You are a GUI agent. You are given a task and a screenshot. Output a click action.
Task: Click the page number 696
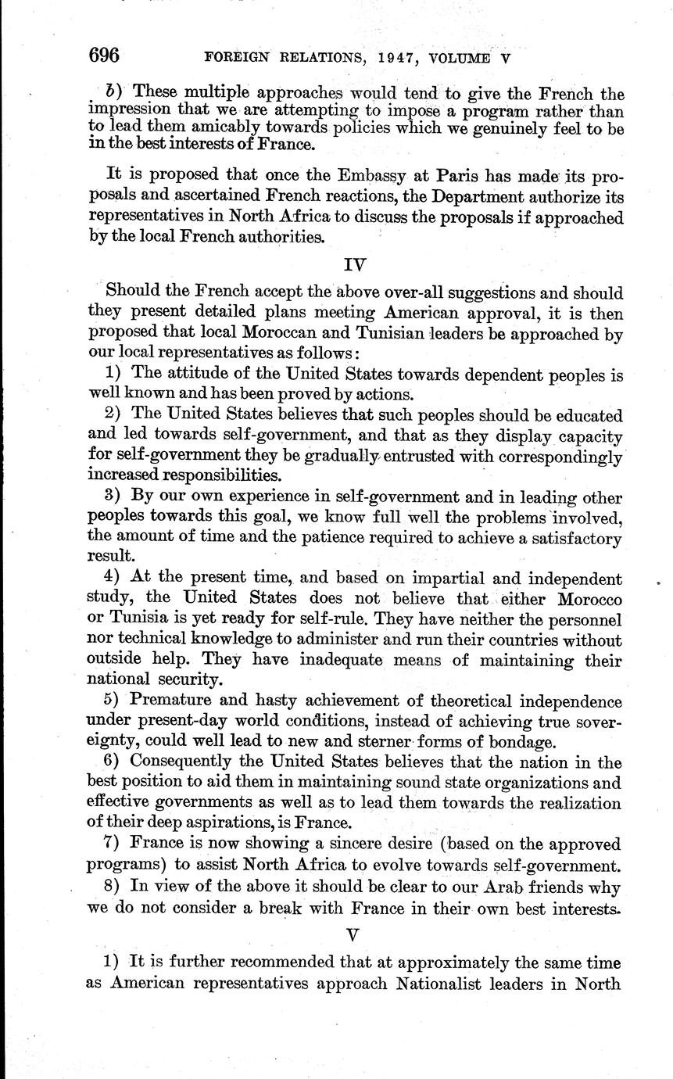click(x=103, y=56)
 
